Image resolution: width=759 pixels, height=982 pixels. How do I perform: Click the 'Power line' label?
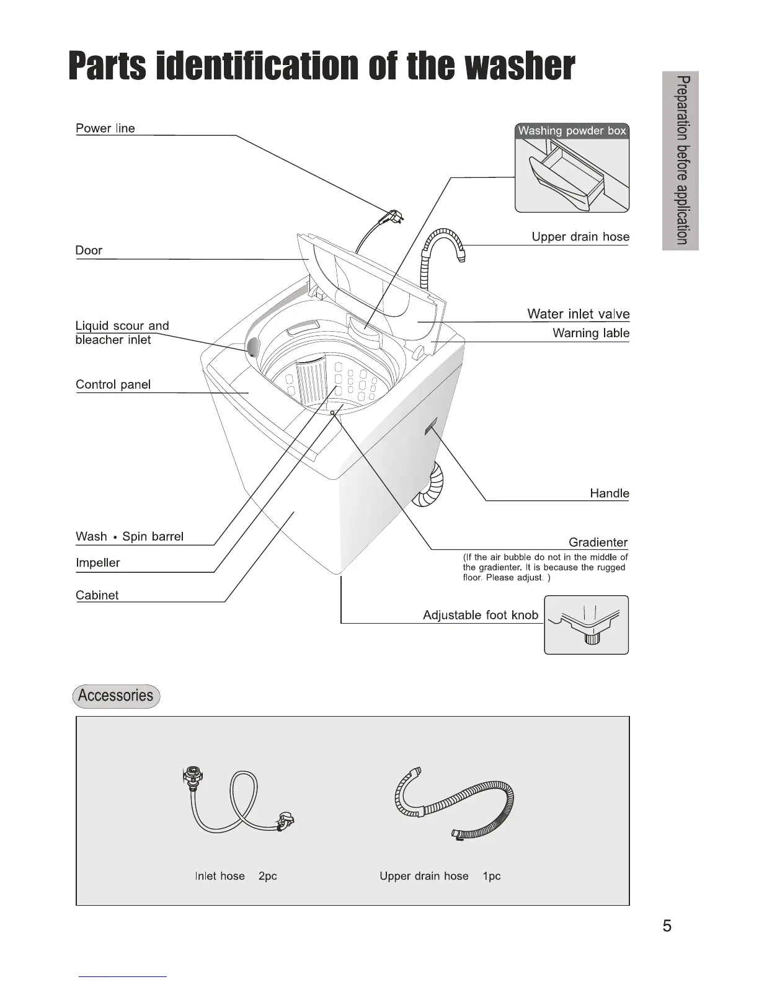point(105,128)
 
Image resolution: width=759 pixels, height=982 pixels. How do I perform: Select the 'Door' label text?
point(89,250)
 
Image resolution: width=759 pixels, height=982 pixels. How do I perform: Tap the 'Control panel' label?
point(113,384)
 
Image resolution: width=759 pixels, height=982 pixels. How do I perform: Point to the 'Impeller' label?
point(97,563)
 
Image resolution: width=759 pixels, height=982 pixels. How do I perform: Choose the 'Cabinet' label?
point(97,595)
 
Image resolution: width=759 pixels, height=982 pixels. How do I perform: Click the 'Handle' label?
point(609,493)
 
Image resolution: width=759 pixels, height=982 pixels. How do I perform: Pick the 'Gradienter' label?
point(598,542)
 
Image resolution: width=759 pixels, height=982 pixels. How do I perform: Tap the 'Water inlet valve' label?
point(578,314)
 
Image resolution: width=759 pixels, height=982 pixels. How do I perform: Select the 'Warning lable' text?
point(590,334)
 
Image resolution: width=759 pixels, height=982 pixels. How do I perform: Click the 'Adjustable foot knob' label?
point(480,615)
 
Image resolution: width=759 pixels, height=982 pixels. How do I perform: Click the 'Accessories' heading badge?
point(116,696)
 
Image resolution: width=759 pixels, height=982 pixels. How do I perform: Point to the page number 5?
point(667,926)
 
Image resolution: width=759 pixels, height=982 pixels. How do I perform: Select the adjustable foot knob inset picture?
point(586,625)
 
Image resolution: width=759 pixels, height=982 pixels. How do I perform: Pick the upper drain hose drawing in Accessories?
point(455,803)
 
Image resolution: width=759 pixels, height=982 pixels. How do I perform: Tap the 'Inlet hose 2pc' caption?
point(236,876)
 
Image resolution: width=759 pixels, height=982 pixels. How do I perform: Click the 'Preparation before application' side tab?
point(680,161)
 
